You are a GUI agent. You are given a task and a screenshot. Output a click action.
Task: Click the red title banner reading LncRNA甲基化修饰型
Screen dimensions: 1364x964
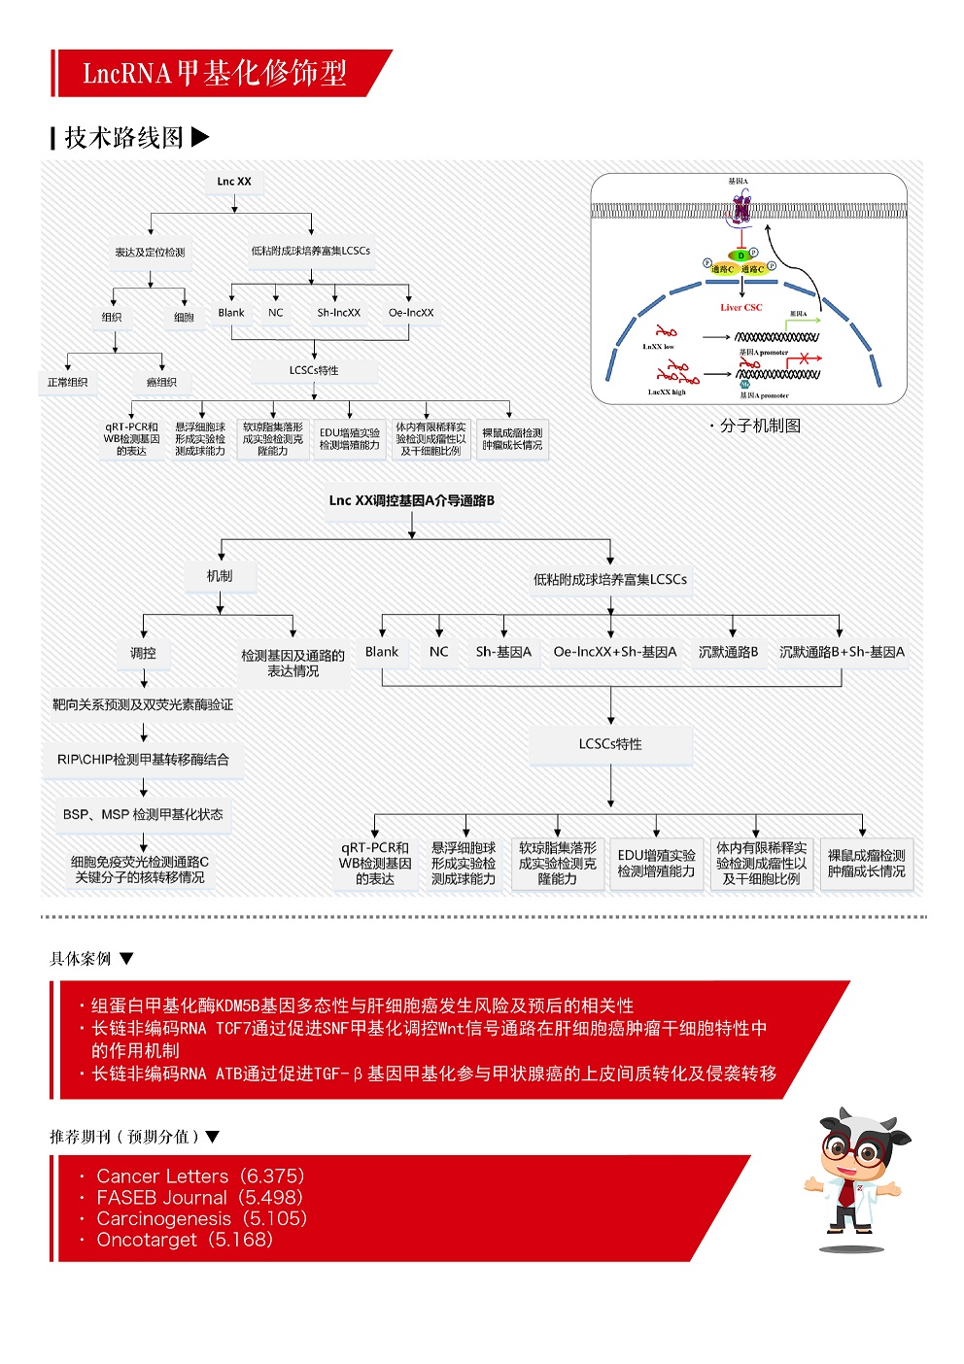[214, 73]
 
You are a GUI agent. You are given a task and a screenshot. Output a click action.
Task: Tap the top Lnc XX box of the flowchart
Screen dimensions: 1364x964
[234, 182]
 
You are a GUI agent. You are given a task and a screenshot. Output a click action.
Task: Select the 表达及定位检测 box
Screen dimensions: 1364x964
[150, 253]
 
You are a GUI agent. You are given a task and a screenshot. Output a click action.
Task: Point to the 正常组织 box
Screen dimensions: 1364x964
[68, 383]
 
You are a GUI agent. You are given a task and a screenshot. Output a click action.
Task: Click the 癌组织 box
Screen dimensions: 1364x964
[161, 383]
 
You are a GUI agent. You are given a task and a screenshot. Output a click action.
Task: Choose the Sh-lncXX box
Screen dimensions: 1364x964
[338, 313]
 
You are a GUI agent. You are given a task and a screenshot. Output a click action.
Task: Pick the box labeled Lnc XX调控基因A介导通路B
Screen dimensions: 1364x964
[412, 501]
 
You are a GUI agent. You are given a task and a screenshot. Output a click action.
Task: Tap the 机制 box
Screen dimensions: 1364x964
[220, 576]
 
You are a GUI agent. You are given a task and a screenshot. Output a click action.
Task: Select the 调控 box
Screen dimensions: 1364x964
[143, 654]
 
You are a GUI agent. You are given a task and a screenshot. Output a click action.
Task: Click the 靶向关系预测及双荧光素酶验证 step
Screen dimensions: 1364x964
[143, 705]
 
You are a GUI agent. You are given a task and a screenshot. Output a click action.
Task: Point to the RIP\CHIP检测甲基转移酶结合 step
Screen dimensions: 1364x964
[143, 760]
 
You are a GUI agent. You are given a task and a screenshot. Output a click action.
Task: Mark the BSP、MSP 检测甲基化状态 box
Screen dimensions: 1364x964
[143, 815]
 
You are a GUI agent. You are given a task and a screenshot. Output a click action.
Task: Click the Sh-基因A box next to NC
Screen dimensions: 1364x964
[503, 652]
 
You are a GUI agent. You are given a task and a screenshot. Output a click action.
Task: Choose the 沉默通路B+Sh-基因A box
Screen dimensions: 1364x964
[842, 652]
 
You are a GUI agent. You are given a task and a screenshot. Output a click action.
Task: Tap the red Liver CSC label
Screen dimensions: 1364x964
[741, 308]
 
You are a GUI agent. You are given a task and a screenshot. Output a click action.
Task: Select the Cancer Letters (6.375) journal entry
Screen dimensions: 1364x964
[200, 1176]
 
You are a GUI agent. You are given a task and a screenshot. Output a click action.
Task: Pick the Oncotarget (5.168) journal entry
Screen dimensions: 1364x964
[185, 1240]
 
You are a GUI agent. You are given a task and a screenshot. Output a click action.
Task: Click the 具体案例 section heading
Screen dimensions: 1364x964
[82, 959]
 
